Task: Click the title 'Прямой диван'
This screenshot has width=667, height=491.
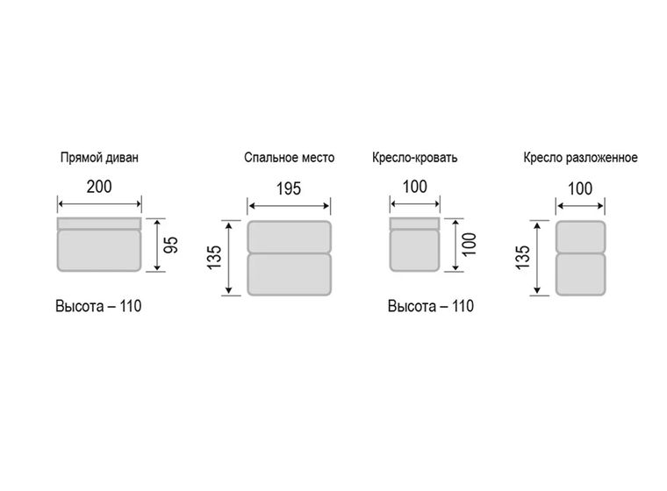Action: coord(99,158)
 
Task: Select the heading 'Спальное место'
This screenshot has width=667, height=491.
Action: coord(290,158)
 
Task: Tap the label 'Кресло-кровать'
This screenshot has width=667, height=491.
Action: coord(415,158)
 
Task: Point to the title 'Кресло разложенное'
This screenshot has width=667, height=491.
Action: coord(580,158)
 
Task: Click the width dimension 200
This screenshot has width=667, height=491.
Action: coord(99,187)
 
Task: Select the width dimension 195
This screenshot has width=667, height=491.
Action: coord(289,189)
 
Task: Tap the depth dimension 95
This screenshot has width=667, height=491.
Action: coord(171,245)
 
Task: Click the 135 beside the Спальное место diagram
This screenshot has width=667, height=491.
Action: coord(214,257)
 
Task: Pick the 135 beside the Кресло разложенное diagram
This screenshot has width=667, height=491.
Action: coord(523,257)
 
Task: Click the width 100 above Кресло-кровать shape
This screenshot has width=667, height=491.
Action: coord(415,187)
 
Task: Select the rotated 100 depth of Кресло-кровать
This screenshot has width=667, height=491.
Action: coord(470,245)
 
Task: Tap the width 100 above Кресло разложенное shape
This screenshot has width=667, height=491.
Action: coord(580,189)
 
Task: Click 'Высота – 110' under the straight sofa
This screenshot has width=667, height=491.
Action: coord(98,306)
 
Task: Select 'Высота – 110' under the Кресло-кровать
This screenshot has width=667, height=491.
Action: coord(431,306)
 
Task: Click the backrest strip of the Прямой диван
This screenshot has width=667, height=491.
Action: coord(99,224)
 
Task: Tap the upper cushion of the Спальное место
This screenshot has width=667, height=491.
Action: coord(290,237)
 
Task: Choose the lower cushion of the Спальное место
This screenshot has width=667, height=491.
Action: coord(290,274)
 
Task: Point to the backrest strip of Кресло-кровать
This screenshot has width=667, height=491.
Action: coord(415,224)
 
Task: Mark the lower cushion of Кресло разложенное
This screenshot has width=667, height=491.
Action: coord(580,274)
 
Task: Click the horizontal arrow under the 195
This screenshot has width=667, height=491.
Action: coord(289,206)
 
